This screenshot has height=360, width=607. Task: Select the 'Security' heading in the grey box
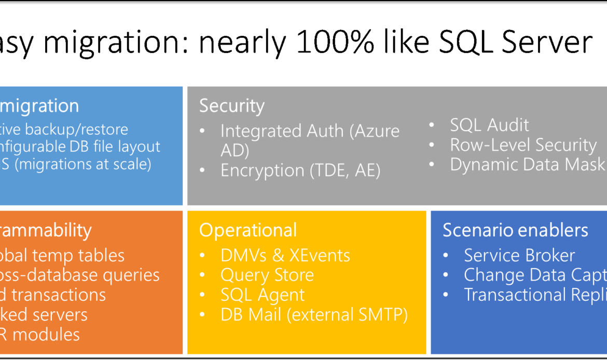[231, 106]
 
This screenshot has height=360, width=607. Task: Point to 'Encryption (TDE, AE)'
[300, 171]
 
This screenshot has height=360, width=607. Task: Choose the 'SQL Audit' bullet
[489, 125]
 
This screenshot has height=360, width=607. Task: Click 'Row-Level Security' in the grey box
[523, 145]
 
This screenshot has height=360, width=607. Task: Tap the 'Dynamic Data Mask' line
[527, 164]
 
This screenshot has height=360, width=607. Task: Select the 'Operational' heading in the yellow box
[247, 230]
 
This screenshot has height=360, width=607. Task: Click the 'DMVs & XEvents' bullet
[285, 255]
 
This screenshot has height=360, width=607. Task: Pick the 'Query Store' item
[267, 275]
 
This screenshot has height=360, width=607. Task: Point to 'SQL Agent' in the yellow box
[262, 295]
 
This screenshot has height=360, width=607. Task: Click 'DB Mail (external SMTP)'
[314, 314]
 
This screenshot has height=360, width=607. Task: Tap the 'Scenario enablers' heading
[515, 230]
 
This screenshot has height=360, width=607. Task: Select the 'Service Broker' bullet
[519, 255]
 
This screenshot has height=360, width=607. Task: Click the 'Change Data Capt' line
[534, 275]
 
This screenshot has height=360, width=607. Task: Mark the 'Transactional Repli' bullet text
[534, 295]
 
